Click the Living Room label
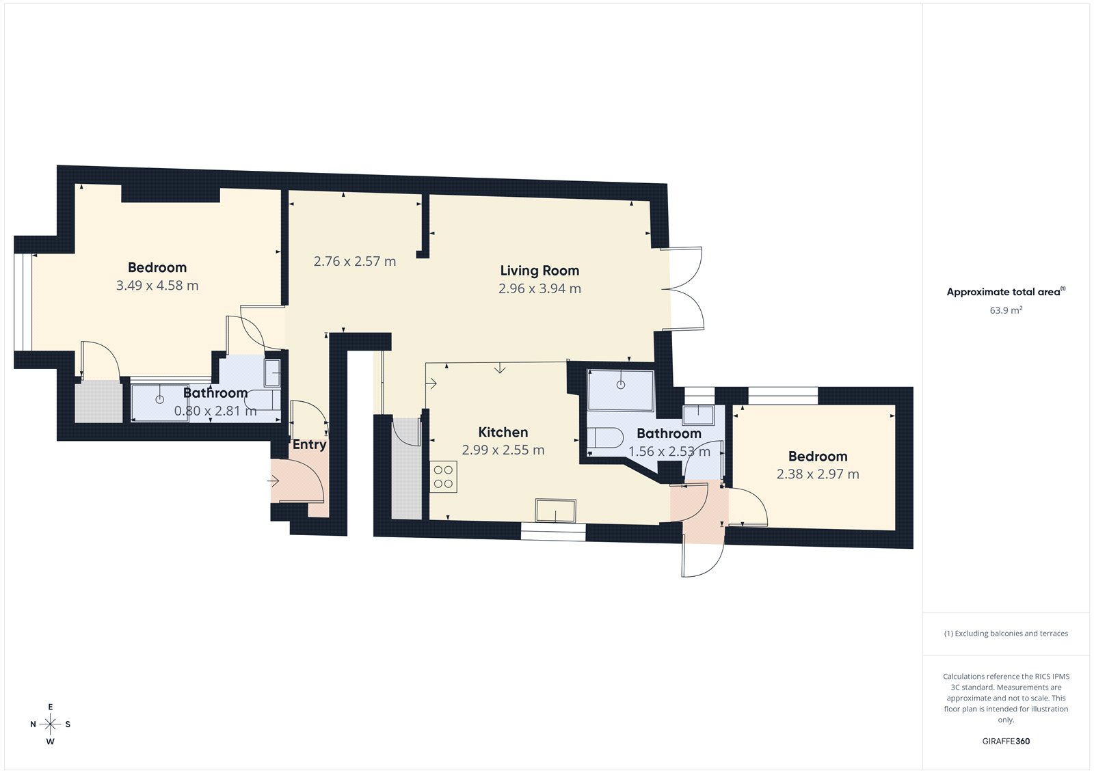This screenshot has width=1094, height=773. [x=539, y=271]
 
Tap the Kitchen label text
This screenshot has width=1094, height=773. [x=503, y=432]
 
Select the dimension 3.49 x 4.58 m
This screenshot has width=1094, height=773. [x=157, y=286]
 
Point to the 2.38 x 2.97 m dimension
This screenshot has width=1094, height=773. [x=818, y=474]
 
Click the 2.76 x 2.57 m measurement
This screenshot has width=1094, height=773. [x=355, y=261]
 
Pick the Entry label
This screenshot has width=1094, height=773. [x=309, y=444]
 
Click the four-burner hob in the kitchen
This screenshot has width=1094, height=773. [x=443, y=477]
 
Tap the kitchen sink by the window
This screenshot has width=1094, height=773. [x=555, y=511]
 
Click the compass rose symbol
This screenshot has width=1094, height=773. [x=50, y=724]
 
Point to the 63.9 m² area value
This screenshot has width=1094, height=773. [x=1006, y=310]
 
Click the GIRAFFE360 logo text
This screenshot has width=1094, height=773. [x=1006, y=741]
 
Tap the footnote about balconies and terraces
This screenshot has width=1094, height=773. [x=1006, y=634]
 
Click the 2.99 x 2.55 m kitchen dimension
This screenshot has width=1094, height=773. [x=503, y=450]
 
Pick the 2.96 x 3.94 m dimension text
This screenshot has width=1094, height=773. [x=539, y=288]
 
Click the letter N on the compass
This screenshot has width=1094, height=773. [x=33, y=724]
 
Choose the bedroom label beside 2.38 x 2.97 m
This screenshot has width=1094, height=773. [x=818, y=457]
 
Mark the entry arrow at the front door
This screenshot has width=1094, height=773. [x=273, y=481]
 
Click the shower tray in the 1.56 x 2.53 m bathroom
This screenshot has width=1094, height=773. [x=621, y=390]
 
